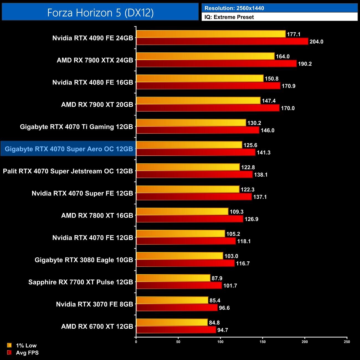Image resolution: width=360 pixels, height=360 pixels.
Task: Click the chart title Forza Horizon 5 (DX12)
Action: pos(100,12)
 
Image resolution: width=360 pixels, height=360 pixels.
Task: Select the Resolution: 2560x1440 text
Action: pos(234,8)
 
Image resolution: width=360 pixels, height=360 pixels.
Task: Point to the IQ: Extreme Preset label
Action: pos(229,17)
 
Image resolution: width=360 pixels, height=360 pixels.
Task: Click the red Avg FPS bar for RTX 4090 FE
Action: pos(222,42)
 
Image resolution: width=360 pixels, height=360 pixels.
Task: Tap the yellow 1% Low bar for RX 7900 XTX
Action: pos(205,56)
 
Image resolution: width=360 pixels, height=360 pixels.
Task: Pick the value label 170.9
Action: pos(288,86)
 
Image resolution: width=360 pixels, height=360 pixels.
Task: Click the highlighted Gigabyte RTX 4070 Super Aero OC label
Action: pos(69,149)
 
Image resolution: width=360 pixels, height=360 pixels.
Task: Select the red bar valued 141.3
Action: pos(196,152)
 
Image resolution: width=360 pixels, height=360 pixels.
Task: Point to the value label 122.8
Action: pos(248,167)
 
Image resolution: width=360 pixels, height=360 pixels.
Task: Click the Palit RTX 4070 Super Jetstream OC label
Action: pos(68,171)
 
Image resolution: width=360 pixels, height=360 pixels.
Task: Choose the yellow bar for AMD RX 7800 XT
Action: pos(182,212)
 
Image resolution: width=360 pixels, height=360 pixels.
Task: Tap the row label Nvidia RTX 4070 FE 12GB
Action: pos(93,238)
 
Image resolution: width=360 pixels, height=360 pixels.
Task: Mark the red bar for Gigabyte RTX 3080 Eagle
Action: pos(185,263)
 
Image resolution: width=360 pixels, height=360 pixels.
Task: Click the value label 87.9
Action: pos(217,278)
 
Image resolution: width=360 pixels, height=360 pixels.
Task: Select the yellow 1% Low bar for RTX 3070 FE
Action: pos(172,300)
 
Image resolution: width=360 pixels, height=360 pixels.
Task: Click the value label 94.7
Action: pos(223,330)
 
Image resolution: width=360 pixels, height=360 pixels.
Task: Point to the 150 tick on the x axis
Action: pos(263,342)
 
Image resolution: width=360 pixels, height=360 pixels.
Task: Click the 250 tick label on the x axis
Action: pos(347,342)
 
